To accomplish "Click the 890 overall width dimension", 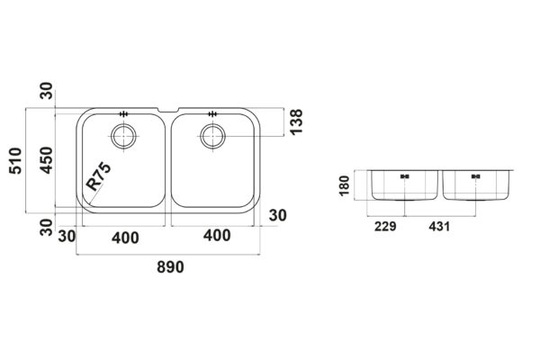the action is point(170,267).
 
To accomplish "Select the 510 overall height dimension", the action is point(15,160).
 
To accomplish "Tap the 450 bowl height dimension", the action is point(46,160).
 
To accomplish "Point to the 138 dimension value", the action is point(296,121).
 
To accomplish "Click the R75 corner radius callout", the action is point(98,176).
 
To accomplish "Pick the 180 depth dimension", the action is point(345,185).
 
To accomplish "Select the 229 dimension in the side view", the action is point(385,227).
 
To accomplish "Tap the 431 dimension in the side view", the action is point(439,227).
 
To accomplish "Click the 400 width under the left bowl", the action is point(125,238).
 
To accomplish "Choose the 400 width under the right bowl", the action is point(217,236).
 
